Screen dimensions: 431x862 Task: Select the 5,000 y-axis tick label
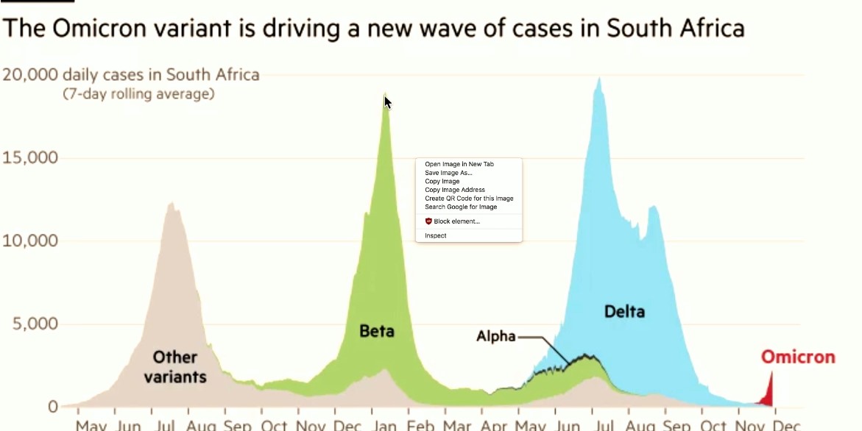click(32, 324)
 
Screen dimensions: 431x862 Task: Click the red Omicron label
click(798, 357)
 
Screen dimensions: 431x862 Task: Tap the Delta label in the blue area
click(624, 311)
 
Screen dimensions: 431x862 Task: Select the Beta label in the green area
click(376, 331)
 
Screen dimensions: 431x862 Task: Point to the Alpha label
click(496, 337)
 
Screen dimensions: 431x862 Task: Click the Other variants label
click(175, 367)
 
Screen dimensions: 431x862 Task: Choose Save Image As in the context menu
click(448, 173)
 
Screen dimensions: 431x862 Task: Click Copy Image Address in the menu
click(454, 190)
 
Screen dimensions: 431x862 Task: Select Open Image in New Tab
click(459, 164)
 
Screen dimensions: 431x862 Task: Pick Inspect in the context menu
click(435, 235)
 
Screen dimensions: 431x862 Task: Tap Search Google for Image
click(460, 207)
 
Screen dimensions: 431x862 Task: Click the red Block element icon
click(428, 221)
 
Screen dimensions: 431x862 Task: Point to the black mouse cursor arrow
click(387, 102)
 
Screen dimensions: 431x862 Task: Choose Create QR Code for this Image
click(468, 199)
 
